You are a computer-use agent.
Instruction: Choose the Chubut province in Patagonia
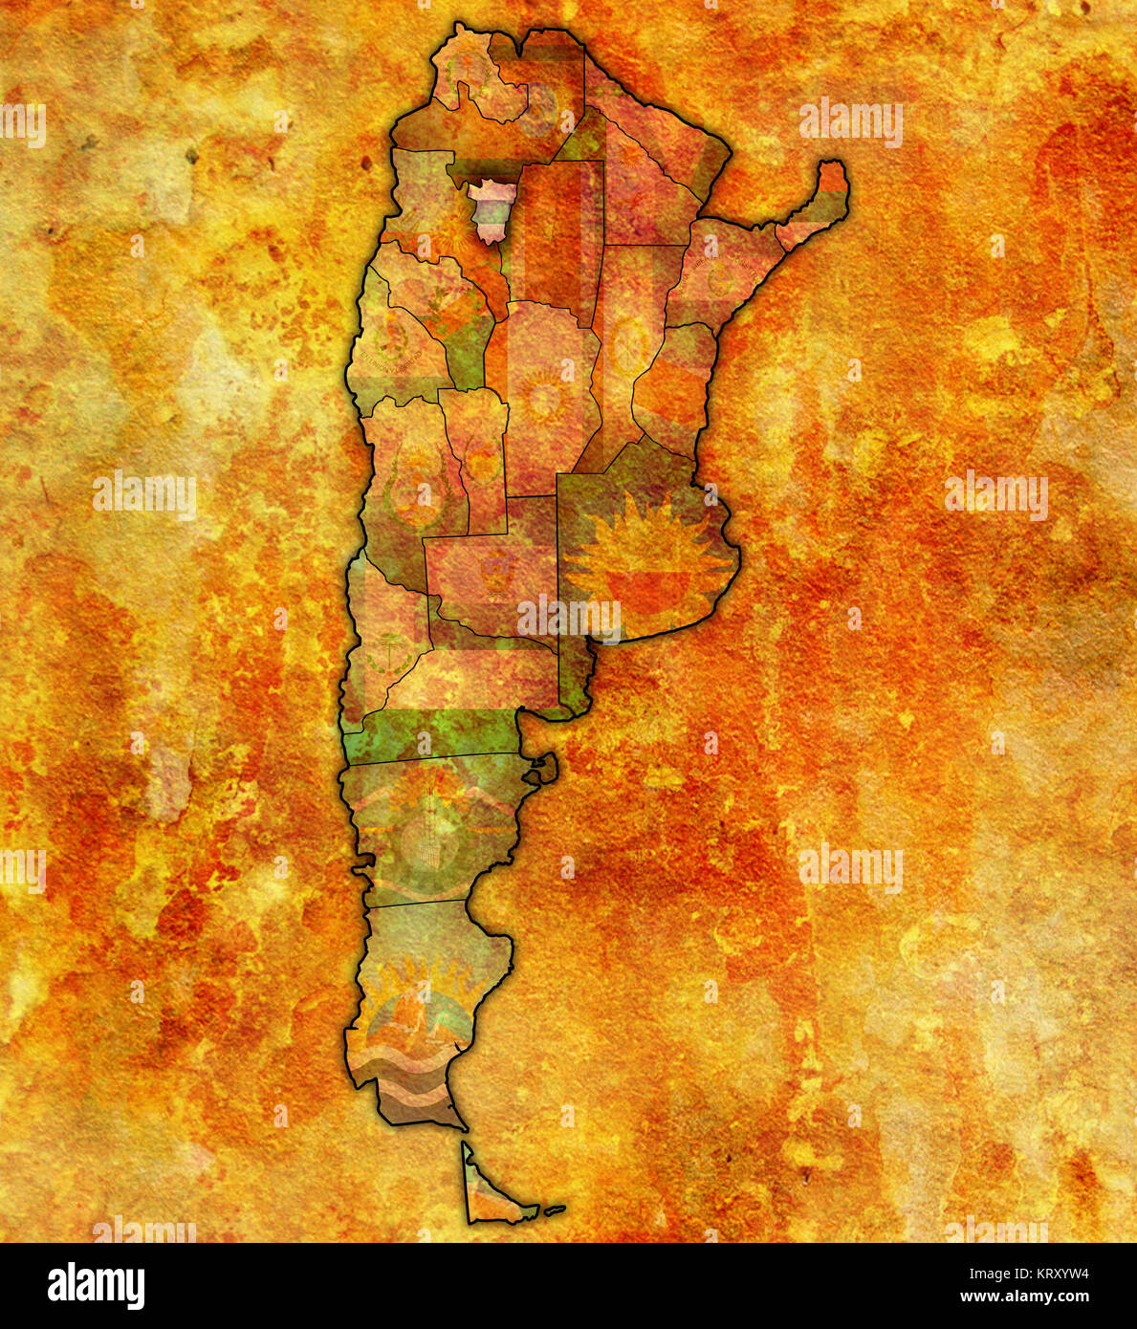pos(430,827)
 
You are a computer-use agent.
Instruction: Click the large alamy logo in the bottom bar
pos(97,1286)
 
